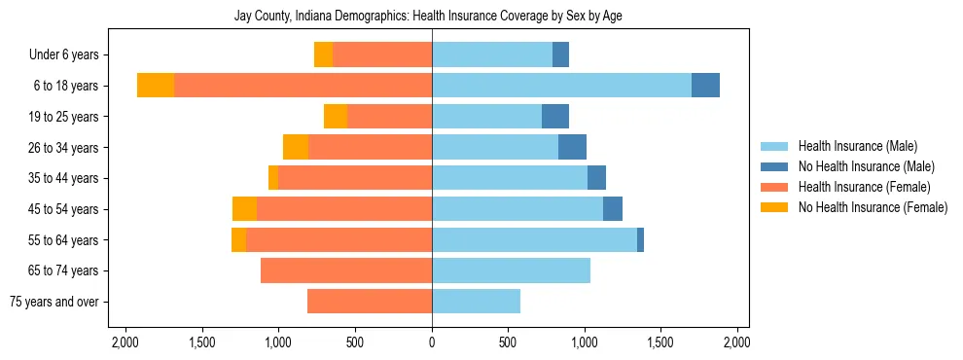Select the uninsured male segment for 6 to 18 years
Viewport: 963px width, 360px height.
[x=705, y=86]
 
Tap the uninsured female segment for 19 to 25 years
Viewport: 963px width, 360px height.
[x=336, y=117]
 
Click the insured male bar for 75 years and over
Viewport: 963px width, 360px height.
[x=476, y=302]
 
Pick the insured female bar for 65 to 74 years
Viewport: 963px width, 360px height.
[x=346, y=270]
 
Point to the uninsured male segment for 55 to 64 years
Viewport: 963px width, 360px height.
[x=640, y=240]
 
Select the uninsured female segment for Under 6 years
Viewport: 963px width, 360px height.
[x=323, y=55]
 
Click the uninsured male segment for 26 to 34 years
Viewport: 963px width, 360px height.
[x=572, y=148]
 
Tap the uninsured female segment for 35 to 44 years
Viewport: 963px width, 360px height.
[x=273, y=178]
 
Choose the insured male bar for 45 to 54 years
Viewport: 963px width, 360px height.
[x=517, y=209]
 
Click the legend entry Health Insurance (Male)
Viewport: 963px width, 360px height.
[x=857, y=146]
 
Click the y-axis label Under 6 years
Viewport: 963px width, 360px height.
[x=70, y=55]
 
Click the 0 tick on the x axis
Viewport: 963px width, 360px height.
[x=432, y=342]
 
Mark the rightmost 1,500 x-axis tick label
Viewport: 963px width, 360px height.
[x=660, y=342]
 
